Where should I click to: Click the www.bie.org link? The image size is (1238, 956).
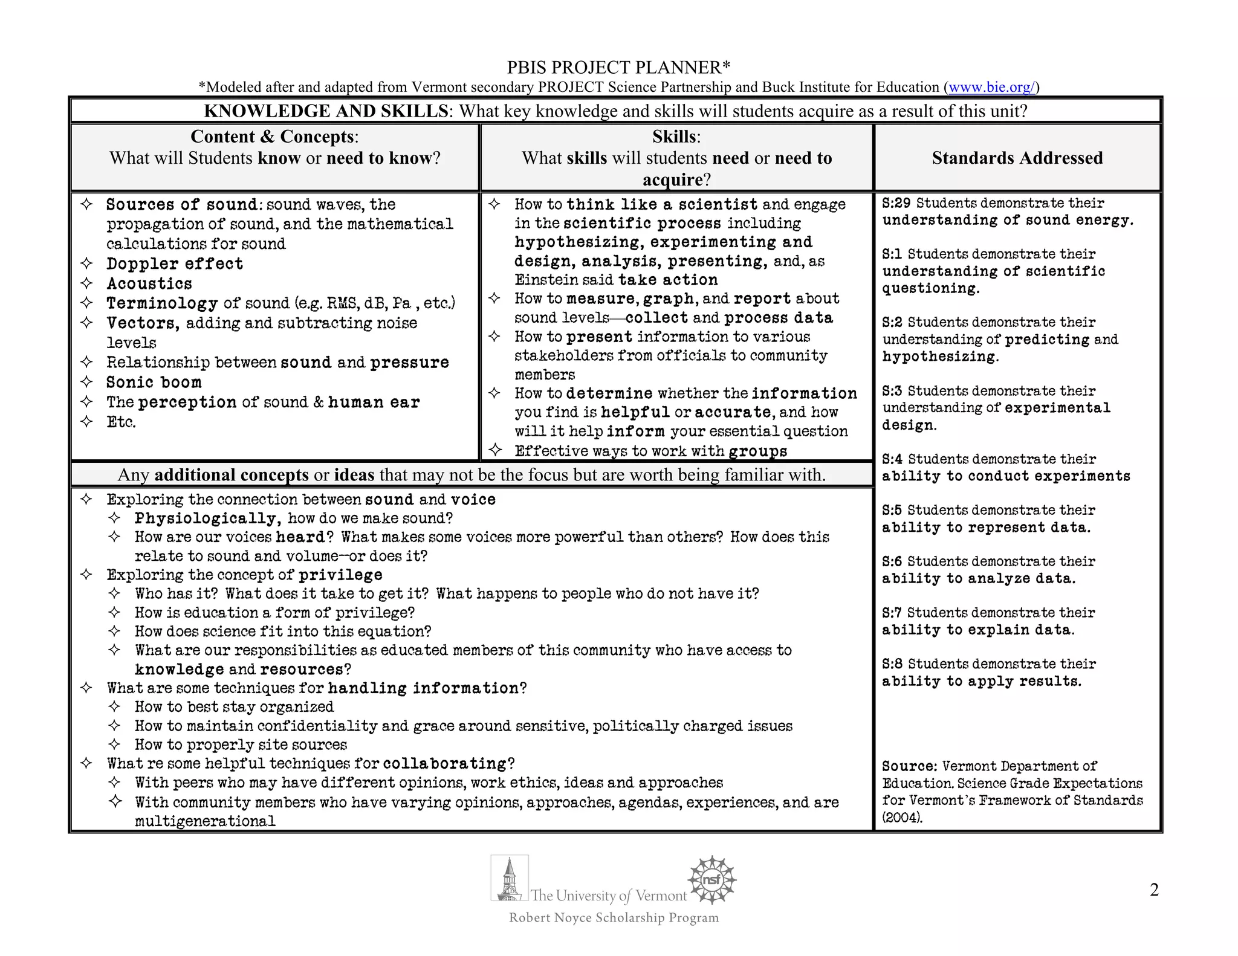click(991, 87)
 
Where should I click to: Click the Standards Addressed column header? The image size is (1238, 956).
click(1017, 158)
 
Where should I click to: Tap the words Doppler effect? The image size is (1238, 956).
click(175, 263)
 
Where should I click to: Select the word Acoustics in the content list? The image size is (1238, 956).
click(149, 283)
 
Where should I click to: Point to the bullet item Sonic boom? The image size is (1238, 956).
click(154, 382)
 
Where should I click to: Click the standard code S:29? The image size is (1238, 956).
click(896, 203)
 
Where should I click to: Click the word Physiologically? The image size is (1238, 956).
click(207, 518)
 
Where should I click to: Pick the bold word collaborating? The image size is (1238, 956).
click(445, 763)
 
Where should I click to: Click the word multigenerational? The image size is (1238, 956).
click(205, 821)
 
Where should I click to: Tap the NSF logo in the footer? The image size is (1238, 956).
click(712, 880)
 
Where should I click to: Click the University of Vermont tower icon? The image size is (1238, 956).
click(510, 878)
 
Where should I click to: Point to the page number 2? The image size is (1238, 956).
click(1154, 890)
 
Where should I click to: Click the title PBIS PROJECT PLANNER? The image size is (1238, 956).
click(618, 67)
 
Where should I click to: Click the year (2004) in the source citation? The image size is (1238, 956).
click(902, 818)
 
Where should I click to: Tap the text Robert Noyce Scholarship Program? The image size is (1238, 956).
click(614, 918)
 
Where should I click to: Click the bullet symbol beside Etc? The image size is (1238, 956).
click(86, 421)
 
